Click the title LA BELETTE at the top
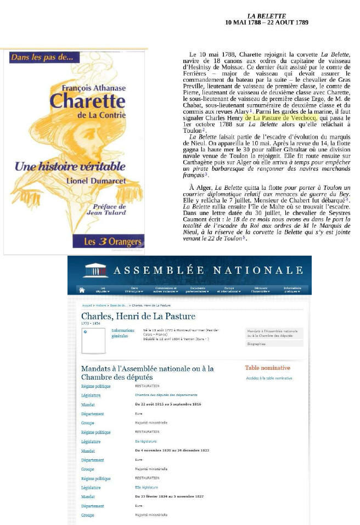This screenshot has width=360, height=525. point(266,16)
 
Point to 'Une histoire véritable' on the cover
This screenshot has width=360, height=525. point(70,166)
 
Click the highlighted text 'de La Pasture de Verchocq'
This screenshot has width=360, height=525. point(280,117)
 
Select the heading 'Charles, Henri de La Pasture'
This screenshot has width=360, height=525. point(138,316)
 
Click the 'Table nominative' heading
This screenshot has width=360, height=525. point(267,368)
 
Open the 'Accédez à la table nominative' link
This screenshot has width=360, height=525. point(269,378)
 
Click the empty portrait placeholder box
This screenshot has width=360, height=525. point(93,340)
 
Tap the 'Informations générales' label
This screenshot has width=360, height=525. point(122,333)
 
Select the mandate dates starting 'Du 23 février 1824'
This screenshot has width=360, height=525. point(170,496)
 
